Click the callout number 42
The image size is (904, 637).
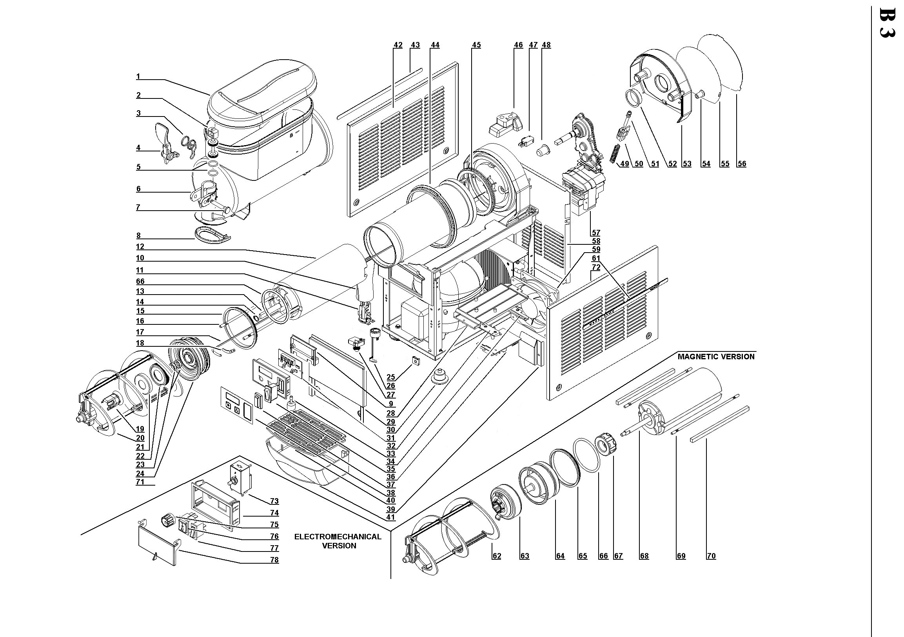[x=398, y=45]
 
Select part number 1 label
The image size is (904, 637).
[x=138, y=76]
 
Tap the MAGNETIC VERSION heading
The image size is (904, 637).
[x=716, y=357]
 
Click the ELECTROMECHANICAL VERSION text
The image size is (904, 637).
[x=338, y=541]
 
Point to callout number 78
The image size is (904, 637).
[x=274, y=560]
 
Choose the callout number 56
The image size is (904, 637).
[x=742, y=164]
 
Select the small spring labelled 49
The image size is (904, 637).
[x=614, y=153]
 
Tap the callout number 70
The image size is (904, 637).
[x=711, y=556]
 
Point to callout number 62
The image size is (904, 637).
[x=497, y=556]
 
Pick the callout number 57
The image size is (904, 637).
[x=596, y=233]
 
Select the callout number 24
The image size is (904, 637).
[x=140, y=474]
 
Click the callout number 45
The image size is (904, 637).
[x=476, y=45]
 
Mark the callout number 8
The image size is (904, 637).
[x=139, y=236]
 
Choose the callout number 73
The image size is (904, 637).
[x=274, y=502]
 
